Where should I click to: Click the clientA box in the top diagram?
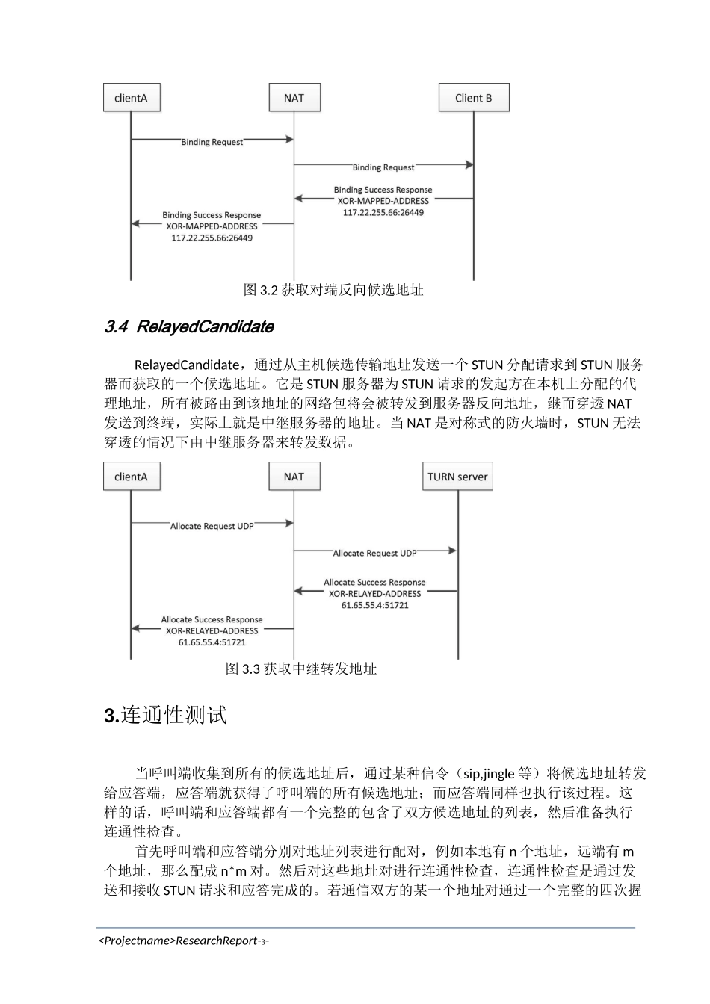(x=131, y=98)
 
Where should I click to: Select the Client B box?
(x=473, y=98)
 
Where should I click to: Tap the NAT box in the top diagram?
(x=294, y=98)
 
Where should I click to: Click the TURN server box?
(x=457, y=477)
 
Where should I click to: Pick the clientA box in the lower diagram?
(x=131, y=477)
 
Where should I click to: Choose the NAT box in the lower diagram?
(x=294, y=477)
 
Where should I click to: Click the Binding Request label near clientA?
(x=212, y=142)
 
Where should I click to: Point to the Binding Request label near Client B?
(x=383, y=167)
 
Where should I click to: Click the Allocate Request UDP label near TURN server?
(x=374, y=554)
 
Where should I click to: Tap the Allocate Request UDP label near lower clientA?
(x=212, y=527)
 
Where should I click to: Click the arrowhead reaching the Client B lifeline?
(x=469, y=164)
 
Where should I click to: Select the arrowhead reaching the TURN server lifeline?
(x=452, y=551)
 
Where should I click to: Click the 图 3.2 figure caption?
(x=333, y=290)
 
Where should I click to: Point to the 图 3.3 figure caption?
(x=300, y=669)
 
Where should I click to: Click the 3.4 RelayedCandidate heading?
(x=188, y=326)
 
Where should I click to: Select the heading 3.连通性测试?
(x=165, y=715)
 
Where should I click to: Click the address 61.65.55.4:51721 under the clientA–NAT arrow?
(x=212, y=642)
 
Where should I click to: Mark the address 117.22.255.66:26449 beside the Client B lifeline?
(x=383, y=213)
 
